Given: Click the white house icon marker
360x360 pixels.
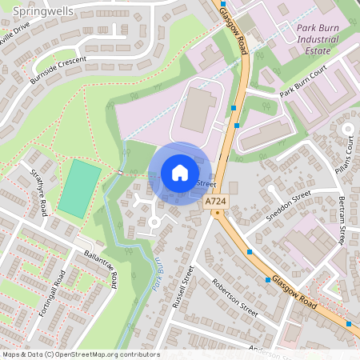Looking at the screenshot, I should [x=180, y=173].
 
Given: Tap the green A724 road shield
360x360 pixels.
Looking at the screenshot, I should [x=214, y=202].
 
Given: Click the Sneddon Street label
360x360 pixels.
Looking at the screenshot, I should [x=290, y=205].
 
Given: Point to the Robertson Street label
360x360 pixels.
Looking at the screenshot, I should [x=234, y=298].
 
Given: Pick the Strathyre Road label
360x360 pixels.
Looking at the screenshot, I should [x=39, y=191].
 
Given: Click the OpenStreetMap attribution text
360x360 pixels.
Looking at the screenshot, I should [x=81, y=354].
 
